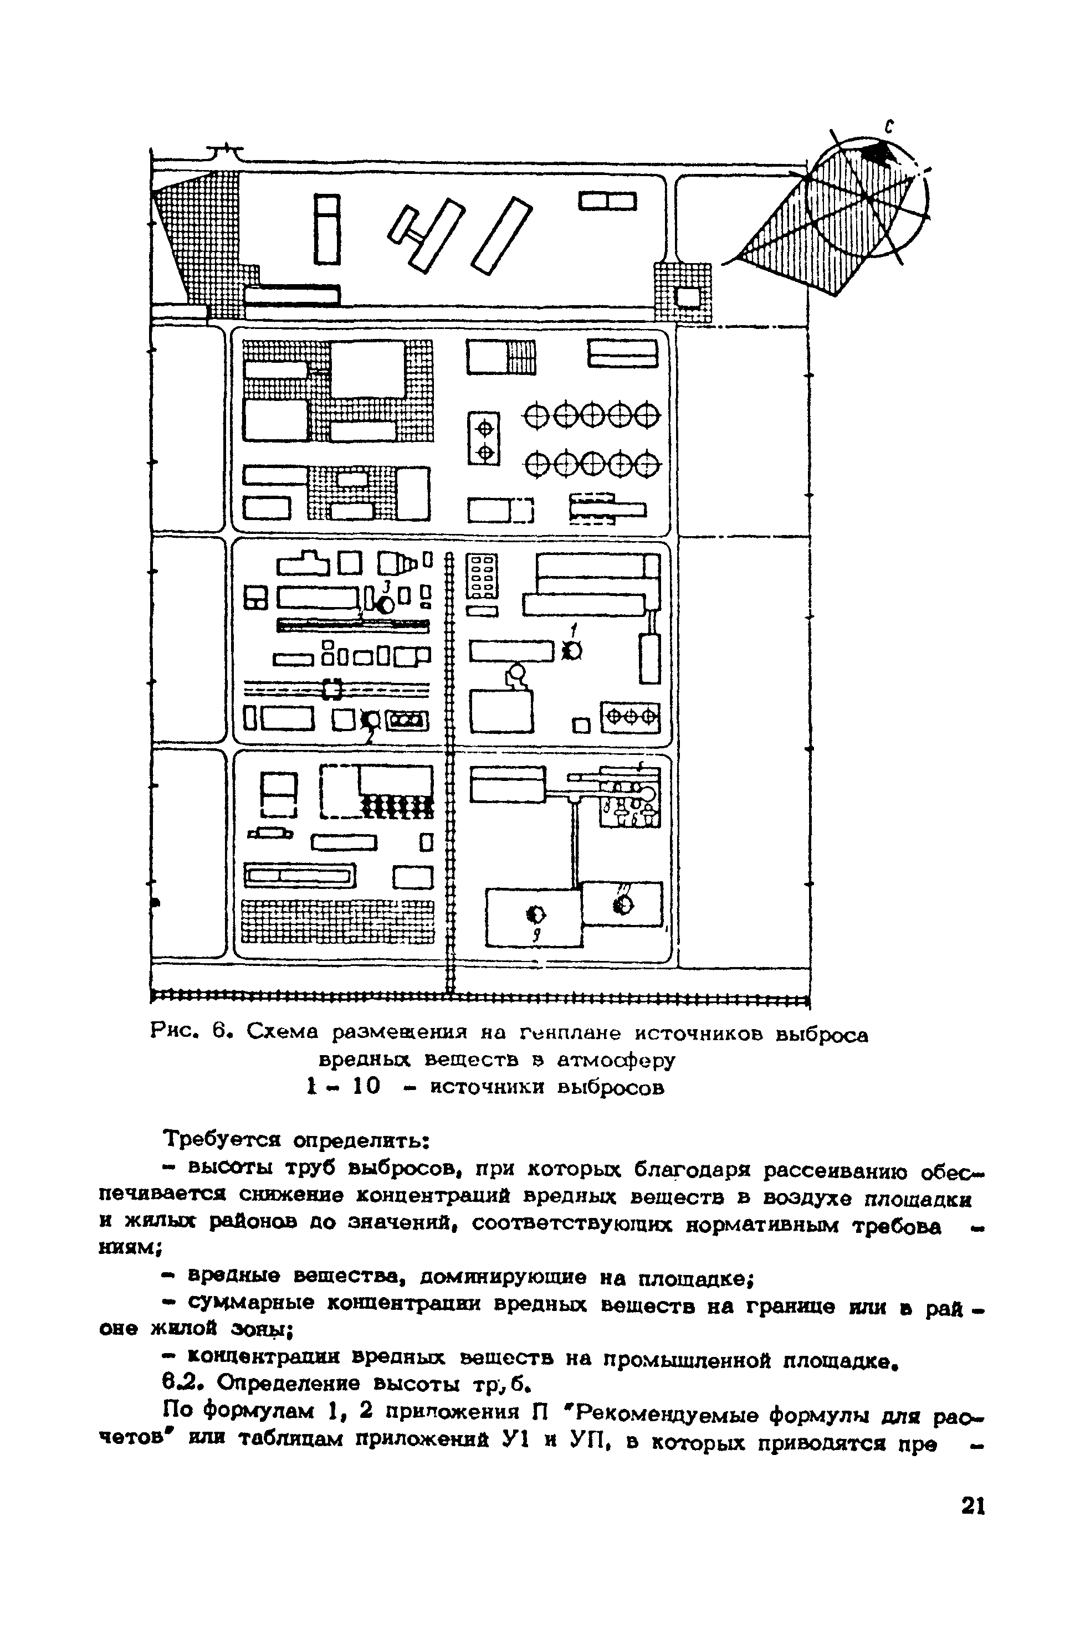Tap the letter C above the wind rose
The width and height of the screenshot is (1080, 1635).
point(890,125)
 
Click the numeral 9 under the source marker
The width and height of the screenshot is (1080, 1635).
point(536,935)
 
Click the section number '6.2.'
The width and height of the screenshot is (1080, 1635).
point(182,1383)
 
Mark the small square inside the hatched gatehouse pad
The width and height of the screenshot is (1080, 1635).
point(688,297)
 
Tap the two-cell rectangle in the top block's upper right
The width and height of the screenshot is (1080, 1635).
point(607,202)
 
